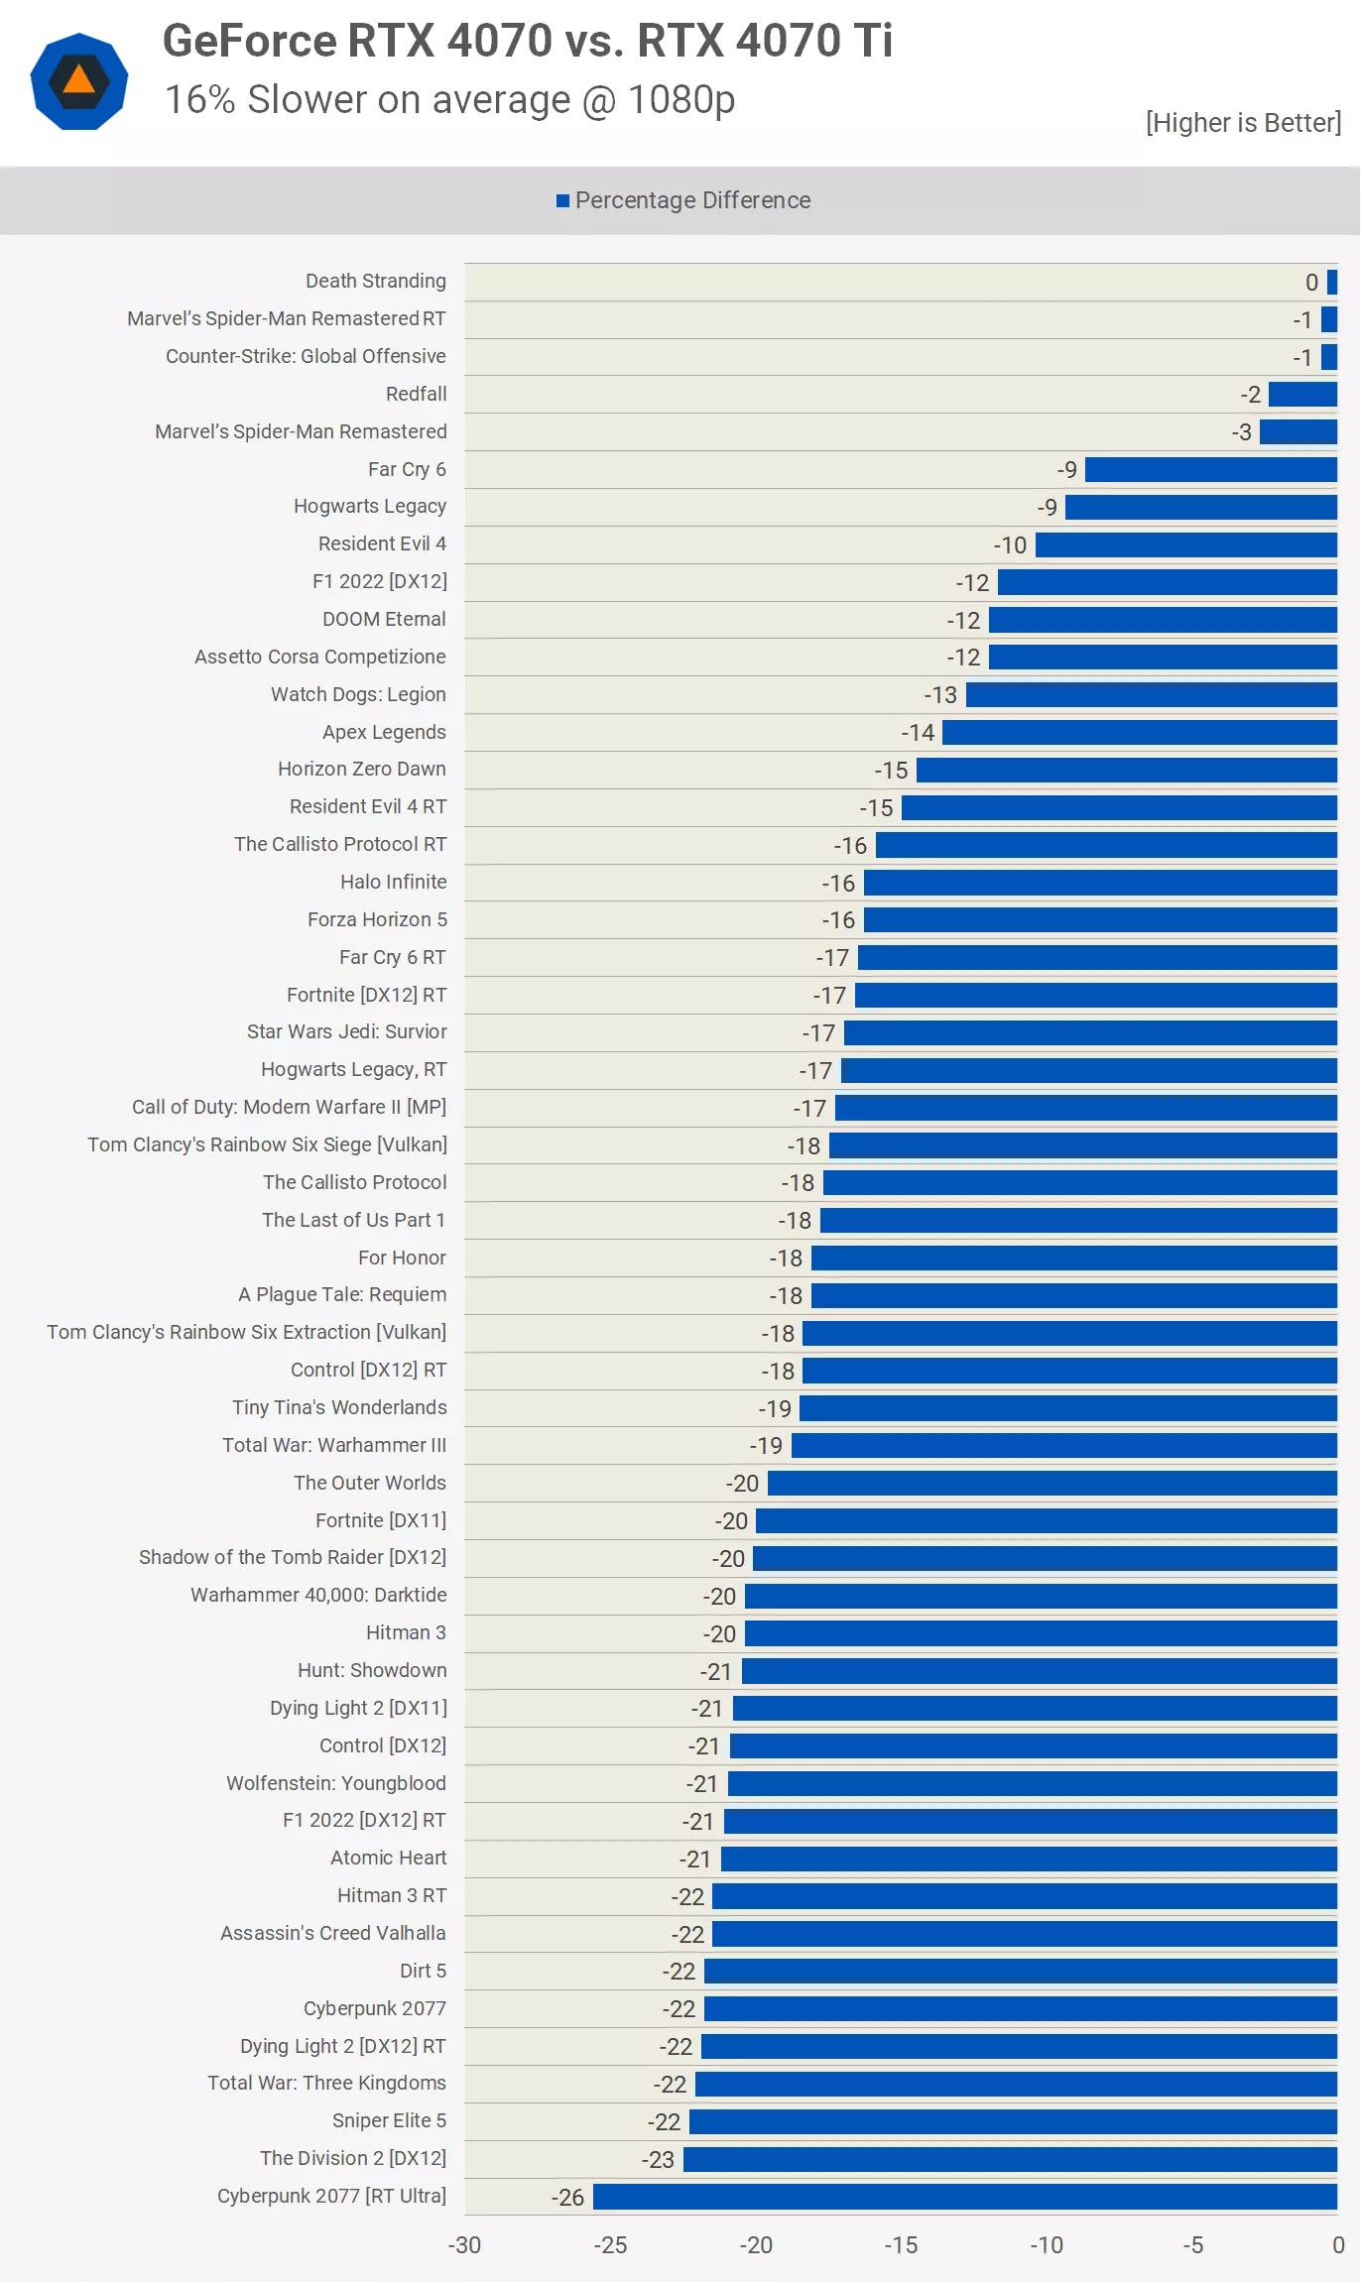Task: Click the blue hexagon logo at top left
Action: [x=79, y=81]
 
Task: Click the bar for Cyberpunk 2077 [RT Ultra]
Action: [x=964, y=2196]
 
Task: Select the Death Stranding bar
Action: [x=1332, y=282]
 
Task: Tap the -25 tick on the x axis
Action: [x=610, y=2244]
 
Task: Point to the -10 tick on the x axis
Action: [x=1047, y=2244]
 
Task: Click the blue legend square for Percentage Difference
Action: [x=562, y=201]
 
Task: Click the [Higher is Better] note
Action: [x=1242, y=123]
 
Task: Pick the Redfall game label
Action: [x=416, y=394]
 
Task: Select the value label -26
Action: [x=567, y=2197]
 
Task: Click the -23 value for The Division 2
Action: [x=658, y=2159]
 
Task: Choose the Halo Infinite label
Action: [x=393, y=882]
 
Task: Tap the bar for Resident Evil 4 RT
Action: [x=1118, y=807]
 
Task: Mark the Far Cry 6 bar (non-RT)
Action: [x=1210, y=469]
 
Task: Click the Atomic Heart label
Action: [x=388, y=1858]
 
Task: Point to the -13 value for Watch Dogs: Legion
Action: [x=940, y=695]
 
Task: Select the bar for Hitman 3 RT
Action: [x=1024, y=1896]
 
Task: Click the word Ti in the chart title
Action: [x=872, y=42]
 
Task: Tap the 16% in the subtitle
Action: [x=199, y=100]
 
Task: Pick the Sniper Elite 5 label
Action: [x=389, y=2120]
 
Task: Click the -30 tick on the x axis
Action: [x=464, y=2244]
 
